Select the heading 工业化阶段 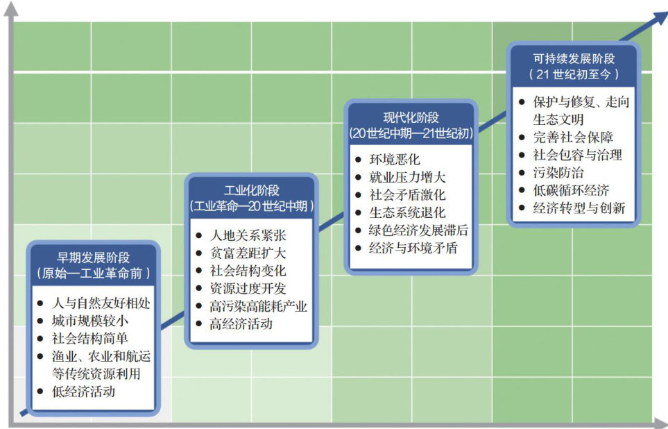click(x=252, y=190)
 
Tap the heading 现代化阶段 click(x=411, y=117)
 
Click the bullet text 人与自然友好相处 click(x=101, y=303)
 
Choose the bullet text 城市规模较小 click(x=90, y=321)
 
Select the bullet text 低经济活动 click(x=84, y=392)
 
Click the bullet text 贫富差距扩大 click(x=247, y=253)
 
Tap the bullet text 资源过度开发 click(x=247, y=289)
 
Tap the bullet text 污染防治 click(x=556, y=172)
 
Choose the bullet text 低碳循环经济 click(x=571, y=190)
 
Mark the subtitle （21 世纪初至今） click(x=574, y=74)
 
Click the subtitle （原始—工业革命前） click(x=94, y=272)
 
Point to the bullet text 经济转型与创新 click(x=579, y=208)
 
